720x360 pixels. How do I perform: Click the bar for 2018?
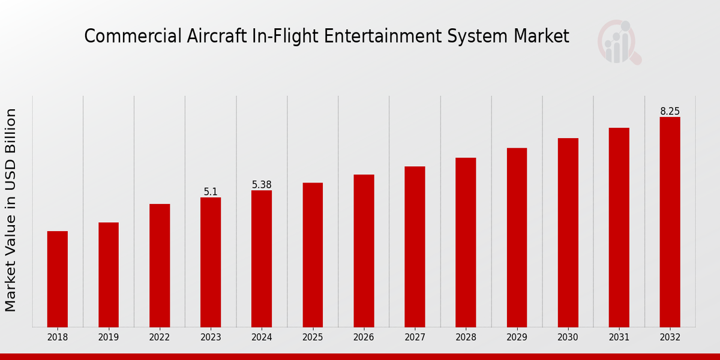pos(58,279)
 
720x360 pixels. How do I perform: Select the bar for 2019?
pos(109,275)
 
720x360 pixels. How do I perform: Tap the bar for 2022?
pos(160,265)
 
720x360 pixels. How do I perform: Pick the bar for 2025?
pos(313,255)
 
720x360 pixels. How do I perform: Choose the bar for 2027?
pos(415,247)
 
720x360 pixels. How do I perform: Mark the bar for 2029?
pos(517,238)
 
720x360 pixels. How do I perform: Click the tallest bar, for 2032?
pos(670,222)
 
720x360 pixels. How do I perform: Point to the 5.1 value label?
pos(211,192)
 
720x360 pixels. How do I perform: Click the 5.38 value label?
pos(262,185)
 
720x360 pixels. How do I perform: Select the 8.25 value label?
pos(670,112)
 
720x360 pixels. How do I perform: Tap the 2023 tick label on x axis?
pos(211,338)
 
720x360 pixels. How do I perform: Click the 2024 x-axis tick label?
pos(262,338)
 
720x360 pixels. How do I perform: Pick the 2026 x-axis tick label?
pos(364,338)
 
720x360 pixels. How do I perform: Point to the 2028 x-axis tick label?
pos(466,338)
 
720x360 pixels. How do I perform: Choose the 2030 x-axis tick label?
pos(568,338)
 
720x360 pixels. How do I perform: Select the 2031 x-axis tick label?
pos(619,338)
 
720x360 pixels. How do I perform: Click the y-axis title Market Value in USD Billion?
pos(11,210)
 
